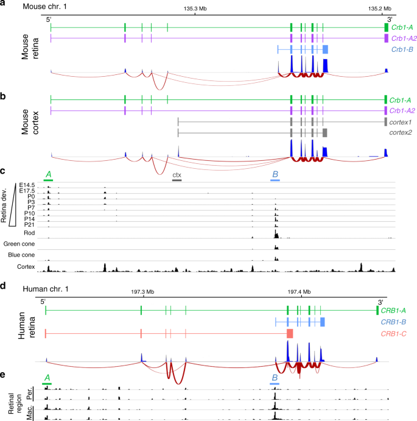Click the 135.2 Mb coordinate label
coord(379,9)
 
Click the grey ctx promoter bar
coord(177,181)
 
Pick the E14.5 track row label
coord(27,186)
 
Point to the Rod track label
coord(29,233)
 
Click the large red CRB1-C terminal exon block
coord(290,333)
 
